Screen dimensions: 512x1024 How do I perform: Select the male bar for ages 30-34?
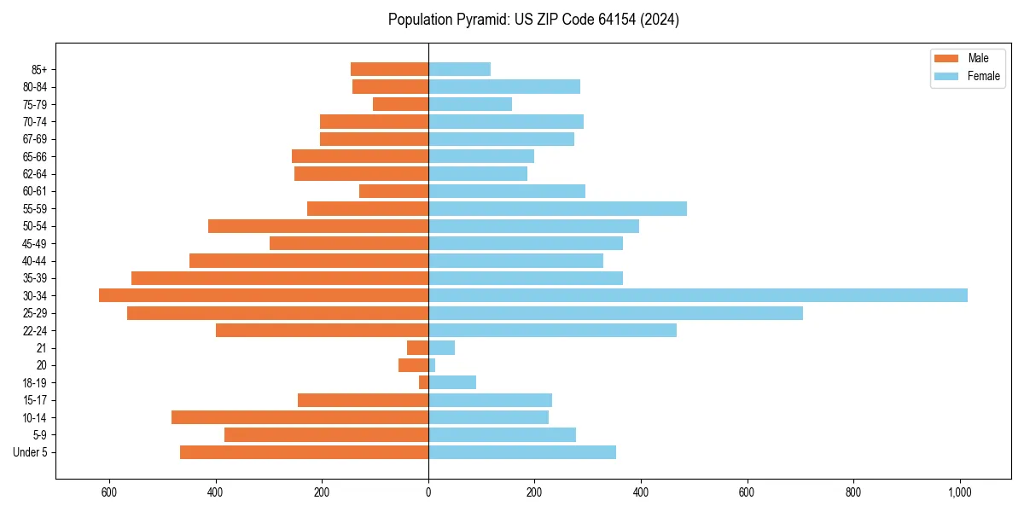tap(264, 295)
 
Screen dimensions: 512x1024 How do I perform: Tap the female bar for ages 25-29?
tap(615, 313)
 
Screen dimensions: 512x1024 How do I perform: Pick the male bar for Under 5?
tap(304, 452)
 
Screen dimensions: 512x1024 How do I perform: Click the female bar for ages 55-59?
tap(557, 208)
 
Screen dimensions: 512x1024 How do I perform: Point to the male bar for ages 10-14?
tap(300, 417)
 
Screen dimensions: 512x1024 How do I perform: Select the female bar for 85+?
tap(459, 69)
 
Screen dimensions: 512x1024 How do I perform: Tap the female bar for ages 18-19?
tap(452, 382)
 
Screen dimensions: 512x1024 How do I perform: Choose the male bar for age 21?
tap(417, 347)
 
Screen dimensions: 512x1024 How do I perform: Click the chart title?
tap(533, 20)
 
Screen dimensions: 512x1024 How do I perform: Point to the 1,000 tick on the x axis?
tap(959, 492)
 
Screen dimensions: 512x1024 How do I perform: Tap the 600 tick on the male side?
tap(109, 492)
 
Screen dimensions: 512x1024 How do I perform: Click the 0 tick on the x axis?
tap(428, 492)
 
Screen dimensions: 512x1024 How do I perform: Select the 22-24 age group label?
tap(34, 330)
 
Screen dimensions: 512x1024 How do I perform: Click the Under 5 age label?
tap(31, 452)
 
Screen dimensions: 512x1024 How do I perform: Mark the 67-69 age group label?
tap(34, 139)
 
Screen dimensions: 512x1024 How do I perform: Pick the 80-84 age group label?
tap(34, 87)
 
